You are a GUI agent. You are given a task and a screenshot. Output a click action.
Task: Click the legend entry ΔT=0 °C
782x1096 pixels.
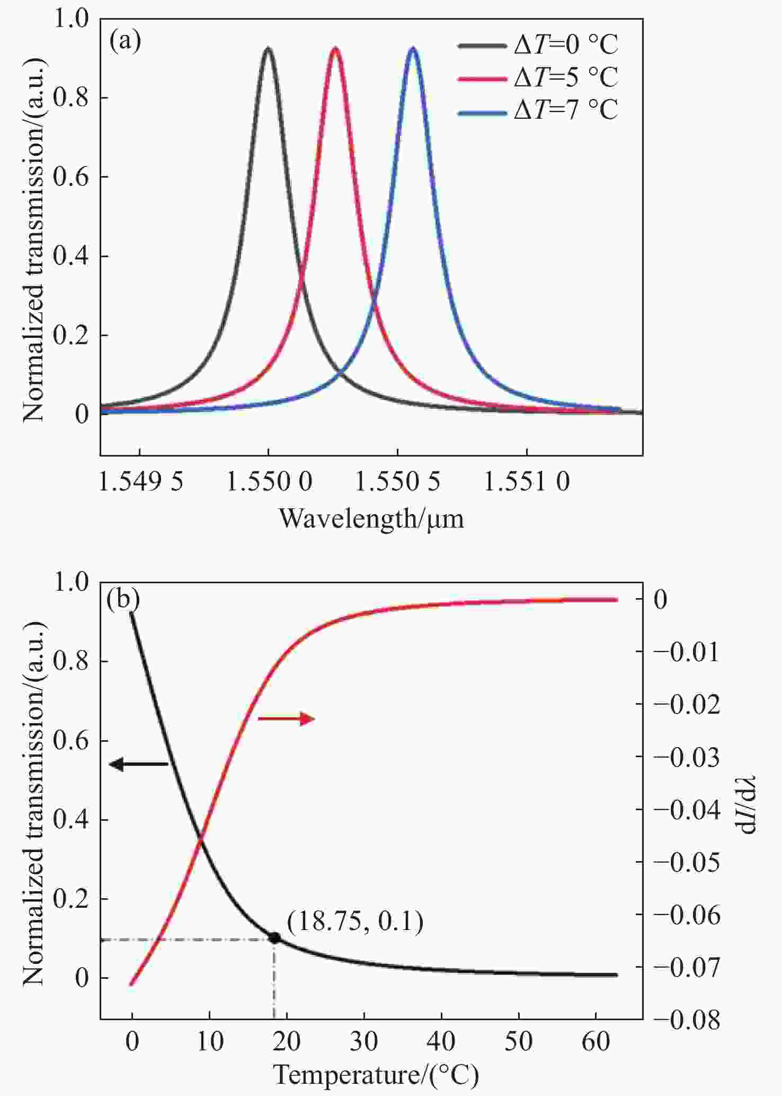[537, 46]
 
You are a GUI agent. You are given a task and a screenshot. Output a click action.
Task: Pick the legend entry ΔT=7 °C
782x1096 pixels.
[537, 110]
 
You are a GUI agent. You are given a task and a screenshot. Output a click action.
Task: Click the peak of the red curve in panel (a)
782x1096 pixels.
[335, 49]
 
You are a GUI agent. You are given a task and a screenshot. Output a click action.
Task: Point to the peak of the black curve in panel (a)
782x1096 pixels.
[268, 49]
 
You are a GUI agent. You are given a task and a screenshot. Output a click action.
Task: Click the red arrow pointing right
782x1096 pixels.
[286, 718]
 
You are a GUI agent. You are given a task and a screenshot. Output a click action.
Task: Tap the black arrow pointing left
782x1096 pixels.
[138, 764]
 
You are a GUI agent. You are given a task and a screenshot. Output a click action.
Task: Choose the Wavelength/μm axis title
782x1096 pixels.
[371, 518]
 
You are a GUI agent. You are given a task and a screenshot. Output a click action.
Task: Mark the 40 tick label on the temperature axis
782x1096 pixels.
[441, 1042]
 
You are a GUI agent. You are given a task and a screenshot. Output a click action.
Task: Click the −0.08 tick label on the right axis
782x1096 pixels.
[687, 1020]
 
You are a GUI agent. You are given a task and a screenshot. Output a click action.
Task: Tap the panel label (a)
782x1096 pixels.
[125, 41]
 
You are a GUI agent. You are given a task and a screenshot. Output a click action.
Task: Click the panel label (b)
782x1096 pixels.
[123, 599]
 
